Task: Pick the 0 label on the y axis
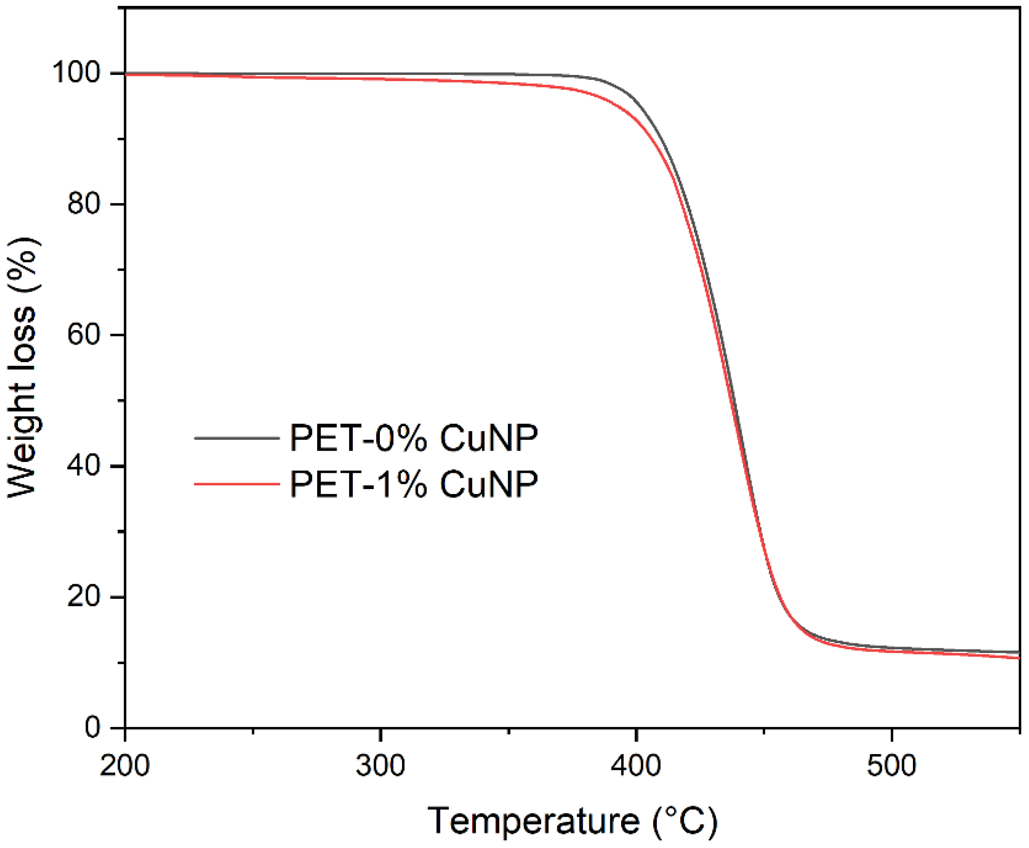tap(93, 727)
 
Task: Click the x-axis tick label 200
tap(125, 765)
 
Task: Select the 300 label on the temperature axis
tap(380, 765)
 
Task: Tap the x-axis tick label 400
tap(636, 765)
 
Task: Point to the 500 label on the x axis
tap(891, 765)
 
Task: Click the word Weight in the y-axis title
tap(23, 440)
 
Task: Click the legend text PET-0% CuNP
tap(413, 438)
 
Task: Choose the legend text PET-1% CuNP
tap(413, 484)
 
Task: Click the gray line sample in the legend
tap(237, 438)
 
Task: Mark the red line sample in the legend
tap(237, 484)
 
